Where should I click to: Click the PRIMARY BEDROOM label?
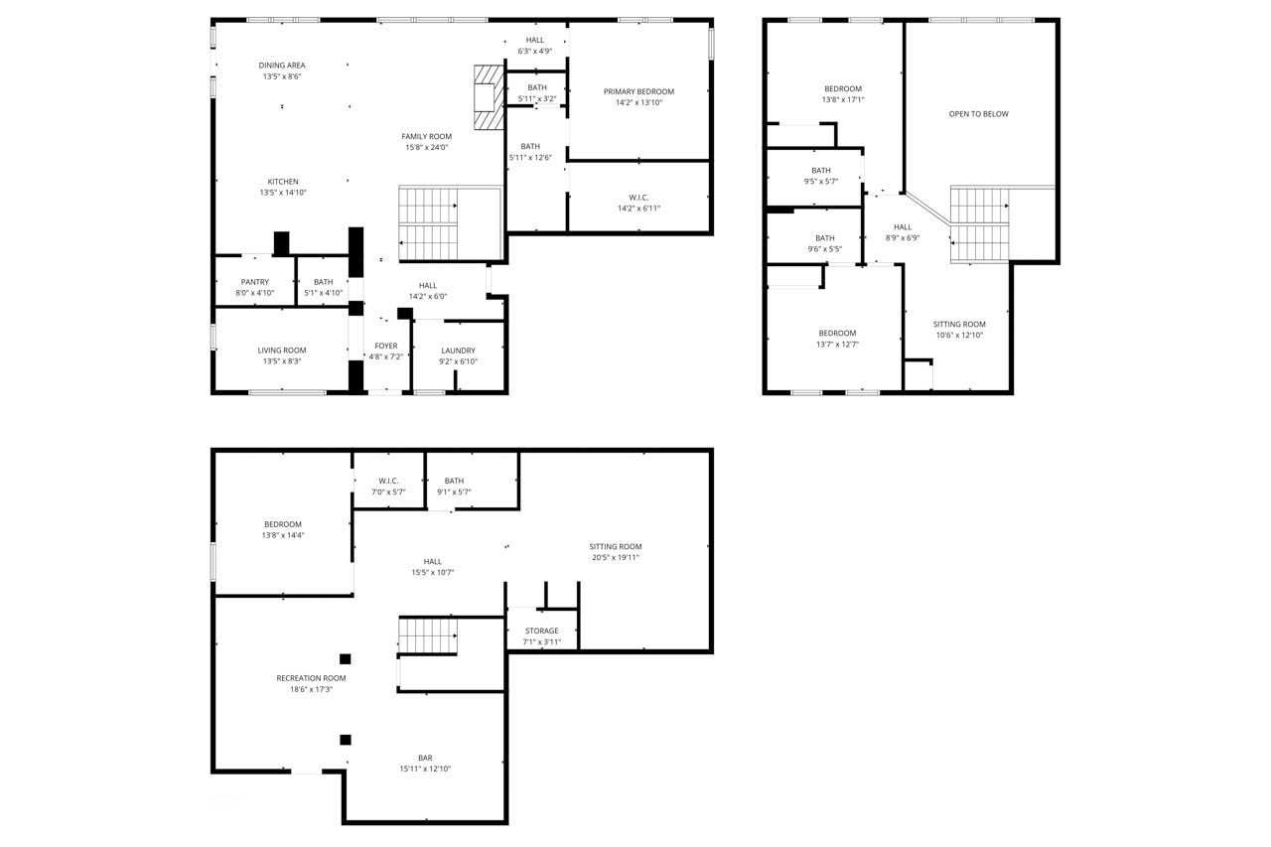pyautogui.click(x=638, y=91)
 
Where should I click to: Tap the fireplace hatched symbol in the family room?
pyautogui.click(x=490, y=97)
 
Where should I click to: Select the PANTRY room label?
pyautogui.click(x=255, y=282)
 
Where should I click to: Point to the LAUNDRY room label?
pyautogui.click(x=458, y=351)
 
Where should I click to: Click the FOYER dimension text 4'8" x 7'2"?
pyautogui.click(x=386, y=356)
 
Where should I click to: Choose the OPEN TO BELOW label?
pyautogui.click(x=979, y=114)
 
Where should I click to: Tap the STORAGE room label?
pyautogui.click(x=542, y=631)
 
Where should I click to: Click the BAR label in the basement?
pyautogui.click(x=425, y=758)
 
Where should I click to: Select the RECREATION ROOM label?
pyautogui.click(x=311, y=678)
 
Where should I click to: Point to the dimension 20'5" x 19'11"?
pyautogui.click(x=616, y=558)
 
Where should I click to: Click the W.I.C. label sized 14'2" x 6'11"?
pyautogui.click(x=638, y=198)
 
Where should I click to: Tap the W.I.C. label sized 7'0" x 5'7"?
pyautogui.click(x=388, y=481)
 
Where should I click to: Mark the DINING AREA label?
pyautogui.click(x=282, y=66)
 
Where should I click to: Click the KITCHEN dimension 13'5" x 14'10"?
pyautogui.click(x=283, y=193)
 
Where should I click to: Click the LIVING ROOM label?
pyautogui.click(x=282, y=351)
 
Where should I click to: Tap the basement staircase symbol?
pyautogui.click(x=428, y=635)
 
